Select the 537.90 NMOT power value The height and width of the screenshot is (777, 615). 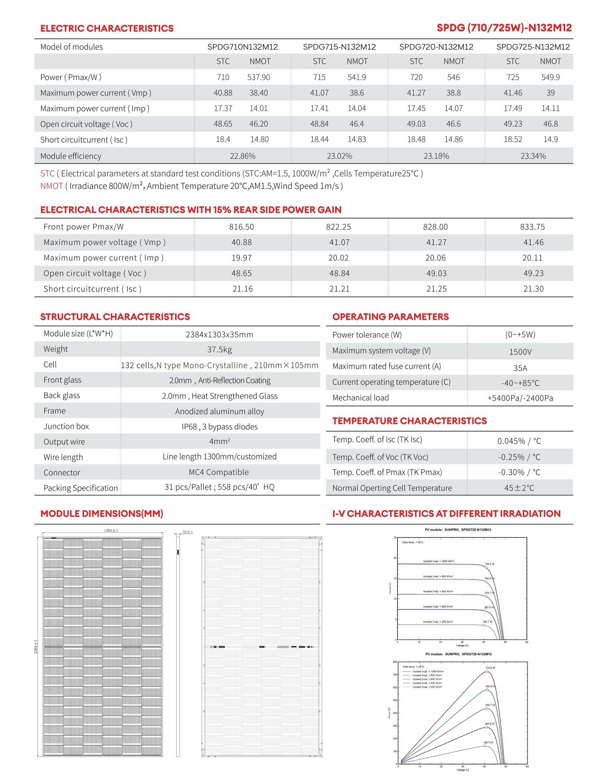point(259,77)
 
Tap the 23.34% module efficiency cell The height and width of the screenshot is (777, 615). point(533,156)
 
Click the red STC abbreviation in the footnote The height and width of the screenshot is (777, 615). point(47,174)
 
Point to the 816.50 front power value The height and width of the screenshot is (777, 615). point(241,227)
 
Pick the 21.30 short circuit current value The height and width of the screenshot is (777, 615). point(533,289)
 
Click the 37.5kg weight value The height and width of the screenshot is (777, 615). point(220,350)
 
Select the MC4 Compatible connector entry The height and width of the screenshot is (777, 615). point(219,472)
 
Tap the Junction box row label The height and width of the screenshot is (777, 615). point(66,426)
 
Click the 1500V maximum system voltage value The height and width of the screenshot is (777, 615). point(520,352)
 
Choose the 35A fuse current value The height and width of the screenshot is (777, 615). point(520,368)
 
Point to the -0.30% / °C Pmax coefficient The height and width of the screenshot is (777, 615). point(519,472)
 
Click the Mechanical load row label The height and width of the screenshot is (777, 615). point(360,398)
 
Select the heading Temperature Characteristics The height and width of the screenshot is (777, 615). point(409,421)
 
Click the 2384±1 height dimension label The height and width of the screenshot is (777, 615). point(36,647)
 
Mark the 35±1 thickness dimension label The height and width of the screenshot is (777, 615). point(188,532)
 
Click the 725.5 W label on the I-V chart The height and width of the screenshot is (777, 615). point(490,564)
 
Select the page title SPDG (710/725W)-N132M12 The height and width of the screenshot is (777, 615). point(504,28)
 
